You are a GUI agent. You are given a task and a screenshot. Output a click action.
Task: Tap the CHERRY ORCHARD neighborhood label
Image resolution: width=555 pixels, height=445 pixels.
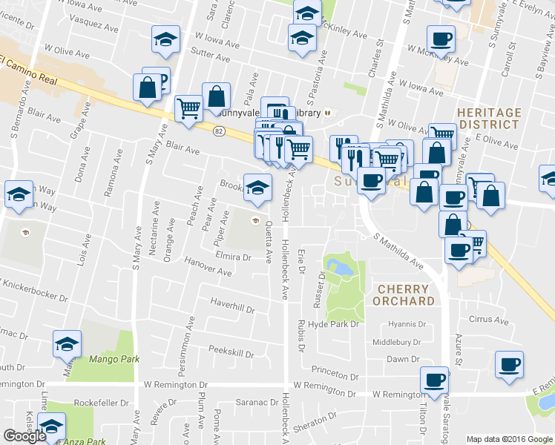tap(405, 295)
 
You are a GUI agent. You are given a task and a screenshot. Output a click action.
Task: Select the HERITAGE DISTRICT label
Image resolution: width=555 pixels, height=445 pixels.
tap(490, 119)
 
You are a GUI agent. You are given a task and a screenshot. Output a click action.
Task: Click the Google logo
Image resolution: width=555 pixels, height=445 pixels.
tap(24, 436)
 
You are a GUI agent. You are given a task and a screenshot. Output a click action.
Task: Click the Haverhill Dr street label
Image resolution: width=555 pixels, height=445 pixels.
tap(232, 306)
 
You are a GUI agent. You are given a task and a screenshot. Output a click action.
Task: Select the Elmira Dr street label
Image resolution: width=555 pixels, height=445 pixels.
tap(234, 257)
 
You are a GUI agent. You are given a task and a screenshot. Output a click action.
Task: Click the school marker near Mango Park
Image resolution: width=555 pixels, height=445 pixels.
tap(67, 344)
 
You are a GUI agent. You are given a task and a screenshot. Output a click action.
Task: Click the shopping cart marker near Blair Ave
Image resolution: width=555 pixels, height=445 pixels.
tap(188, 108)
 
